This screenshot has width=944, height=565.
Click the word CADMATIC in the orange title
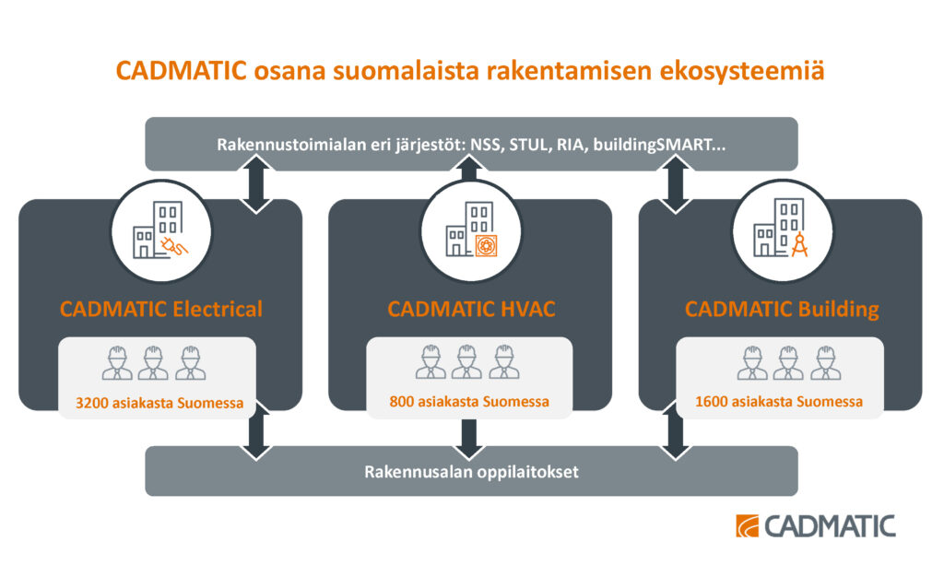182,70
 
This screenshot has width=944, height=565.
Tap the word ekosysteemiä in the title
742,71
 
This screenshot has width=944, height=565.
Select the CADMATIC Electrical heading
160,309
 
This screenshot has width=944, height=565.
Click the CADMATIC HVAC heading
471,309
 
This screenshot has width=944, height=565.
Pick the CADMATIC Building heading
782,310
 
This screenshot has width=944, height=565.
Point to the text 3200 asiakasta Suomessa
159,403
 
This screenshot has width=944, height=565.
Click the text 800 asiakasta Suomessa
469,401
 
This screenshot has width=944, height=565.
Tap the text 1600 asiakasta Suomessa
778,401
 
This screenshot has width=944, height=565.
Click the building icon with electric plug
160,230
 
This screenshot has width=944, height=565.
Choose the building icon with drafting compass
782,230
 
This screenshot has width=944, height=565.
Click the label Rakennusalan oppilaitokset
471,472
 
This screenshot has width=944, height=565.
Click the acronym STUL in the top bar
528,145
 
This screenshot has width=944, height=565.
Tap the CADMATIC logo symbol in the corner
747,526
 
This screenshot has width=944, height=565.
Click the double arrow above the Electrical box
256,184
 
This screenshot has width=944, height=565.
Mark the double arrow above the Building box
675,184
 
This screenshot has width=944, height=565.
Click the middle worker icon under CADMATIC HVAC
467,362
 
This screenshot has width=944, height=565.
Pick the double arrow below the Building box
675,431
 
